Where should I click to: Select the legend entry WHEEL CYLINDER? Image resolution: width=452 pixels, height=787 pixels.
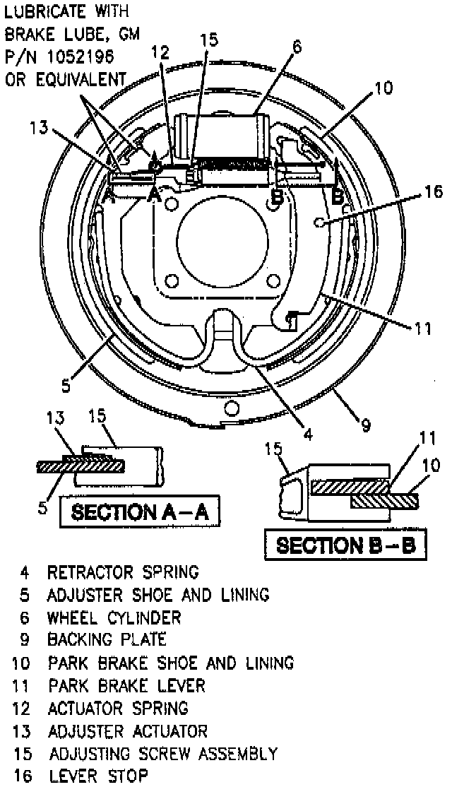pos(114,617)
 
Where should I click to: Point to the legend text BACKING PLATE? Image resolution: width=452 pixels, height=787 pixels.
pos(107,639)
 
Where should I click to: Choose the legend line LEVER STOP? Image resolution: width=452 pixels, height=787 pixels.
pos(98,776)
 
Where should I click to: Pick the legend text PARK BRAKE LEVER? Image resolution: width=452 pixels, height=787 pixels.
pos(126,685)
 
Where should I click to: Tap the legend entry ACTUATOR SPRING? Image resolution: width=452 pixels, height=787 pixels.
pos(117,707)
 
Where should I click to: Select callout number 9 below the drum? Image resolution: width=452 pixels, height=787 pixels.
pos(365,425)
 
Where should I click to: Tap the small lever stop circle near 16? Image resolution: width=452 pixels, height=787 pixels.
pos(319,223)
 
